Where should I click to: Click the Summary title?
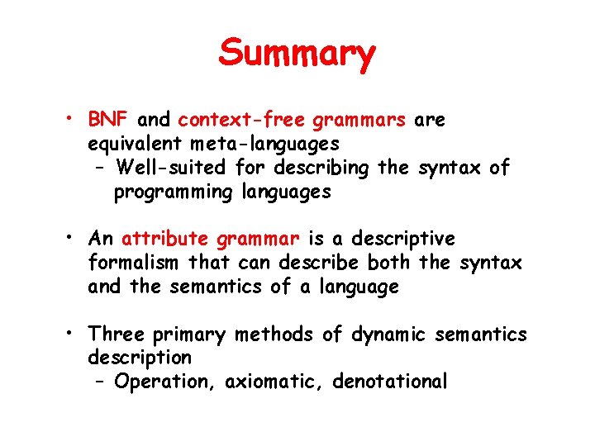pos(297,55)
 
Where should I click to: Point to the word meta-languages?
pos(258,145)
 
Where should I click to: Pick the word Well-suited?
pos(172,168)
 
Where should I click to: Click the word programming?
pos(163,192)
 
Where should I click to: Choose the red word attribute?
pos(164,240)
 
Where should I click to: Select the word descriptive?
pos(402,240)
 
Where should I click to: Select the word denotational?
pos(389,382)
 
